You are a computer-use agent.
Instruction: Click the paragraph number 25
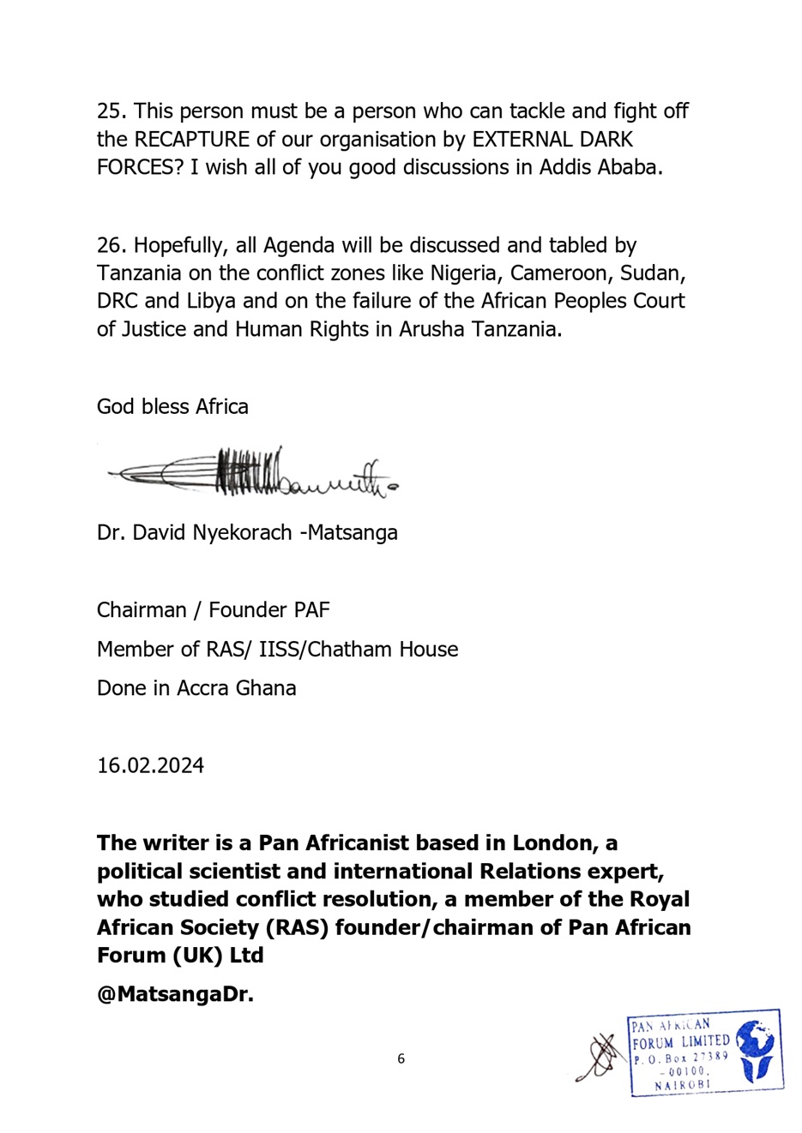(112, 111)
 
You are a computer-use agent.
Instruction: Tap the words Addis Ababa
(600, 167)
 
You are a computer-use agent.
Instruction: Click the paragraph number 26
(112, 246)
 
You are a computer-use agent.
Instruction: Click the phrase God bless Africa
(172, 406)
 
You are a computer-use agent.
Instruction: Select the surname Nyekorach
(242, 532)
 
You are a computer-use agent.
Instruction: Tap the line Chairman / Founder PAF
(213, 610)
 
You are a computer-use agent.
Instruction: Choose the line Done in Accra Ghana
(196, 688)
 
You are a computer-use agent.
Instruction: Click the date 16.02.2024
(150, 765)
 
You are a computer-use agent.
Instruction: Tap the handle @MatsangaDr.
(175, 995)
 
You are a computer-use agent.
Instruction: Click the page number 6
(401, 1059)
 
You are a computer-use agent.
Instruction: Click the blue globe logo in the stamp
(756, 1051)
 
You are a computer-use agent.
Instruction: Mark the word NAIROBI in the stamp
(683, 1085)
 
